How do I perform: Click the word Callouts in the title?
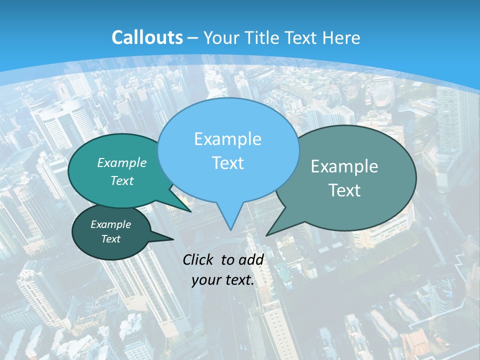pos(147,37)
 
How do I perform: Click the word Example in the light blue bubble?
pos(227,139)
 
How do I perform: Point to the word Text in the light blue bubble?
pos(227,163)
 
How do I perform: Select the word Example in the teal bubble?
pos(122,162)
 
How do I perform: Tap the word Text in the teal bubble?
pos(122,180)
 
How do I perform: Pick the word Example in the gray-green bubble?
pos(344,166)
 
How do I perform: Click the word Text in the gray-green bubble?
pos(344,190)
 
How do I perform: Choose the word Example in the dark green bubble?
pos(110,224)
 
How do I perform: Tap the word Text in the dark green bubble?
pos(110,239)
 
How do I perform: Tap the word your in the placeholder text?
pos(206,280)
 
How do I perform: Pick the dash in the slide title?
pos(193,38)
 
